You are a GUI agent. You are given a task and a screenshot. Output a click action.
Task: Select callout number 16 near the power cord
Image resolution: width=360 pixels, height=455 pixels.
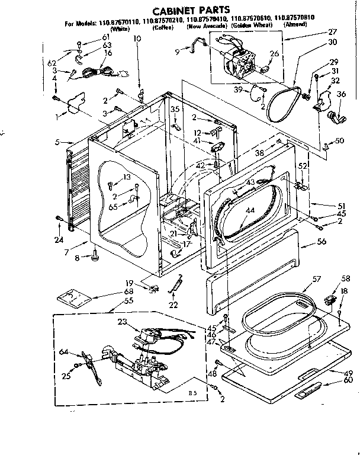[x=108, y=52]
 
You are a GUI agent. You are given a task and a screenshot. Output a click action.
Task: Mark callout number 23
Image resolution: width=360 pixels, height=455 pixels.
[x=123, y=322]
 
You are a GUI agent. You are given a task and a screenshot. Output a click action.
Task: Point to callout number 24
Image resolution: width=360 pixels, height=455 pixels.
[x=57, y=239]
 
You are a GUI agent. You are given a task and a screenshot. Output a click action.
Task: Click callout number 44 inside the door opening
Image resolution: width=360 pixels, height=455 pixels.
[x=250, y=210]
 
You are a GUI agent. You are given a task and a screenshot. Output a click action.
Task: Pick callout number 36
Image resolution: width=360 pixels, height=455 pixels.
[x=341, y=94]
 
